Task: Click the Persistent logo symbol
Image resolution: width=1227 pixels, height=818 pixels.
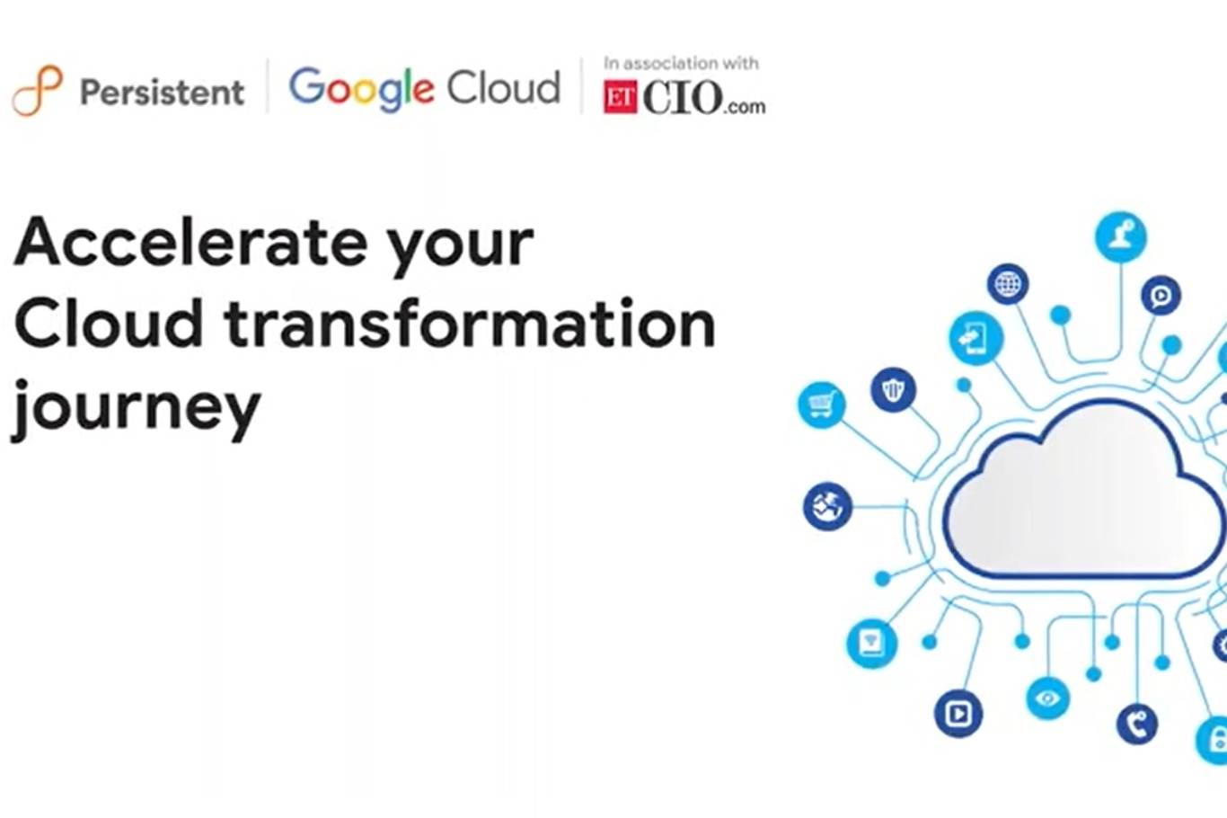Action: click(x=37, y=90)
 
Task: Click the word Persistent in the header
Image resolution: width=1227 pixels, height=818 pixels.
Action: click(x=162, y=92)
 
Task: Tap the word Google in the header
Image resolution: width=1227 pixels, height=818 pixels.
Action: click(x=361, y=89)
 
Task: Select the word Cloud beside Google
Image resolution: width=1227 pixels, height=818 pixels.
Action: click(x=504, y=88)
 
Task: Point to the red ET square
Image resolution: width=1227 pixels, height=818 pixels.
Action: click(x=620, y=98)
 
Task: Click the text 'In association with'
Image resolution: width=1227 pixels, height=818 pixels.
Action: click(x=681, y=63)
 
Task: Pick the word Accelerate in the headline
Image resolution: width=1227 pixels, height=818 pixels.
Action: click(x=190, y=243)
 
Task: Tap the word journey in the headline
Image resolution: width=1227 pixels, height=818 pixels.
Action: click(x=136, y=406)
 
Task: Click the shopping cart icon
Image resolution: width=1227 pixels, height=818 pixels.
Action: click(x=821, y=405)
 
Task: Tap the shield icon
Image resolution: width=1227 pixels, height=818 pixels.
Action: click(x=893, y=389)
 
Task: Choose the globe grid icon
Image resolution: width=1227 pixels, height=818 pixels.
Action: click(x=1008, y=285)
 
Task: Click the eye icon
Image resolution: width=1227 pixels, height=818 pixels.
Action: click(x=1047, y=698)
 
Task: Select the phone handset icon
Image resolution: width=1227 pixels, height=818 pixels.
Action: click(x=1137, y=724)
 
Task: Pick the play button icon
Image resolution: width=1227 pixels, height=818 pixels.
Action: click(x=958, y=714)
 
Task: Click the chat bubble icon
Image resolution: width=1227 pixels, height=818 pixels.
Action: click(x=1161, y=295)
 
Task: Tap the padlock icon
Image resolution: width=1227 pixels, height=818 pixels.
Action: click(x=1216, y=741)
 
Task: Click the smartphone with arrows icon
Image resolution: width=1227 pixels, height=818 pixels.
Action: click(x=975, y=338)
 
